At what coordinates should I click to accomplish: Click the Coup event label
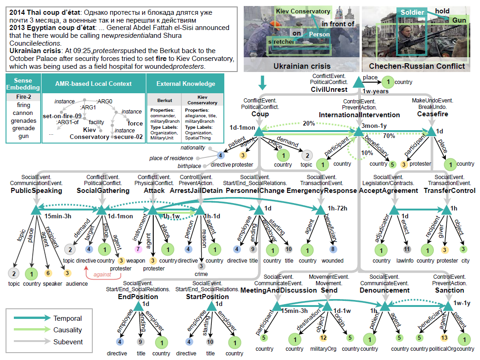[260, 114]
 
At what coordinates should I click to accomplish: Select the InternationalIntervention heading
[360, 114]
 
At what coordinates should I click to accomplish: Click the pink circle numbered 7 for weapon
[138, 249]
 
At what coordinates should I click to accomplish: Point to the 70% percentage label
[389, 136]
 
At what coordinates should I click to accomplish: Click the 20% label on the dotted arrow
[309, 124]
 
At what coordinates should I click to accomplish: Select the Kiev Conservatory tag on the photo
[303, 11]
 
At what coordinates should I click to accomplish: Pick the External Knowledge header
[192, 84]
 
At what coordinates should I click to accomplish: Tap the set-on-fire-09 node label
[62, 116]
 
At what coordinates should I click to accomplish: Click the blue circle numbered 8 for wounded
[332, 249]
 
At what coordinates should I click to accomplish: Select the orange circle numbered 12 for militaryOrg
[323, 338]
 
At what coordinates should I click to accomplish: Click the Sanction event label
[449, 290]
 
